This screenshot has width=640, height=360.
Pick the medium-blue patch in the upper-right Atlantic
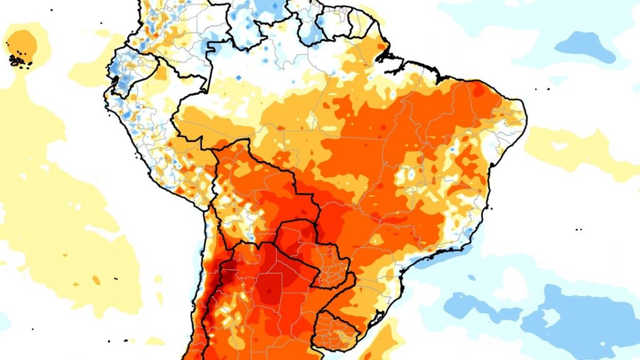click(584, 47)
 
